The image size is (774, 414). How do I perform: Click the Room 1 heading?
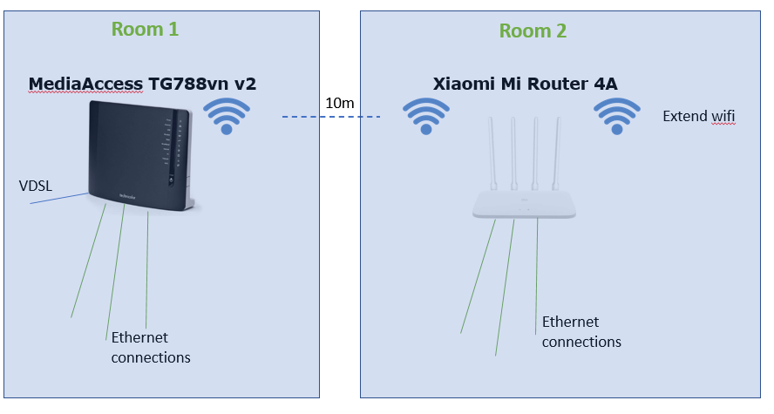(x=145, y=29)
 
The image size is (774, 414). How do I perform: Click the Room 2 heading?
(x=533, y=31)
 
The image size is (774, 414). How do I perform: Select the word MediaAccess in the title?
(x=85, y=84)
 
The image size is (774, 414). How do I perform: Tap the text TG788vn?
(x=188, y=84)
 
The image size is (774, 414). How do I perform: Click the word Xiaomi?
(x=464, y=84)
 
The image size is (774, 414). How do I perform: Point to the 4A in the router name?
(x=606, y=84)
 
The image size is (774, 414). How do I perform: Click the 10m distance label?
(x=340, y=103)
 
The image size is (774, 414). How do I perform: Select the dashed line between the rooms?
(x=331, y=117)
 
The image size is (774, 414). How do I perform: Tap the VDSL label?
(x=36, y=186)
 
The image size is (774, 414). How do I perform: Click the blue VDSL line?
(x=59, y=199)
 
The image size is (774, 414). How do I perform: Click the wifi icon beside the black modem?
(x=227, y=116)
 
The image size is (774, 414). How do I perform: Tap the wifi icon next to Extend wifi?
(x=617, y=116)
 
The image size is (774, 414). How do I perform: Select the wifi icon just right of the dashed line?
(x=426, y=116)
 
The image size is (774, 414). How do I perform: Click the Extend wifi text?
(x=698, y=117)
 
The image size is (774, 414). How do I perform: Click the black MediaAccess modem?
(x=140, y=155)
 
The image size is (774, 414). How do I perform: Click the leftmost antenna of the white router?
(x=492, y=153)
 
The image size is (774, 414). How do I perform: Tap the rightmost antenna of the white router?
(x=557, y=153)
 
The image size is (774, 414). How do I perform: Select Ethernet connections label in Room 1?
(x=151, y=348)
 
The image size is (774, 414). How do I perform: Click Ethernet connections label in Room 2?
(x=581, y=331)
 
